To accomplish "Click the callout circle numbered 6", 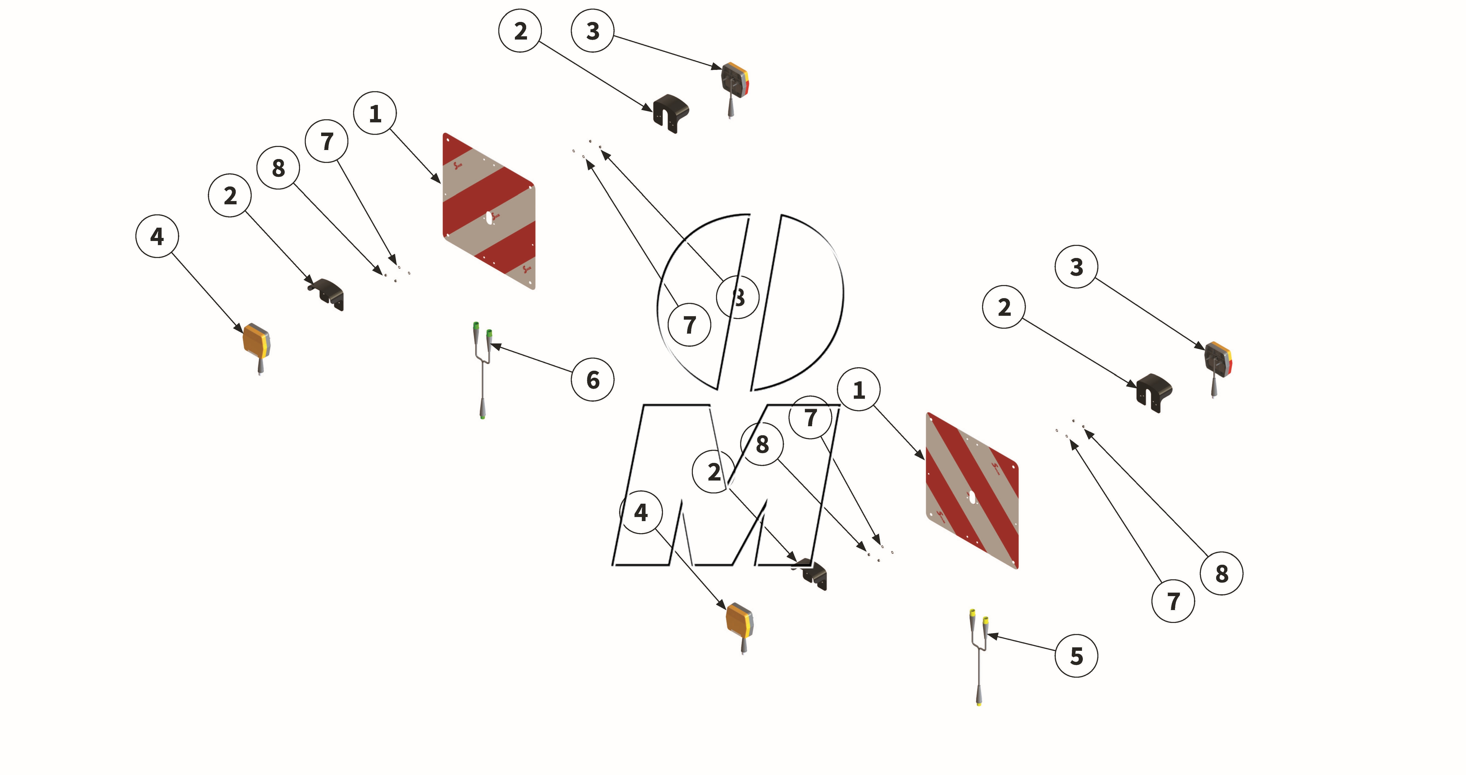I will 593,380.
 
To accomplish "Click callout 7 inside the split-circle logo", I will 689,325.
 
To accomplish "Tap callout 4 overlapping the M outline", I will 641,512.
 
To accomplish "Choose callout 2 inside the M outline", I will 714,472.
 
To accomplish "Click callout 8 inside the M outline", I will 762,444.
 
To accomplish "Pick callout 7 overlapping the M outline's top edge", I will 810,418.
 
